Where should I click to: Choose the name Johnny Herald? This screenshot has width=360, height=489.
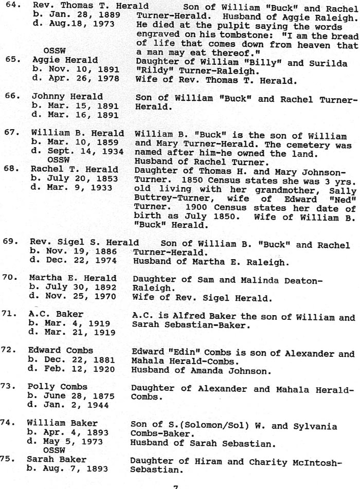[67, 97]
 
